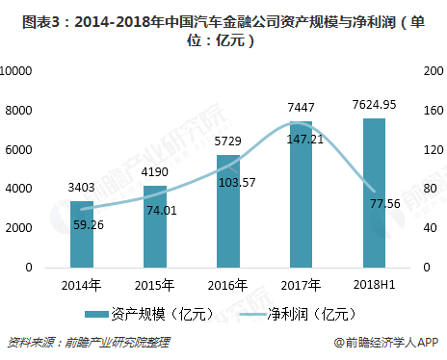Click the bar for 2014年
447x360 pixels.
[x=82, y=234]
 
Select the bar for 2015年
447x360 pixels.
[x=155, y=226]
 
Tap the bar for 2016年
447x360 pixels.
[x=228, y=211]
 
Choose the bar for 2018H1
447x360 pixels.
[x=374, y=193]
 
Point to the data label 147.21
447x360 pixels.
[x=301, y=139]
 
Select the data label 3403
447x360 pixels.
[x=82, y=188]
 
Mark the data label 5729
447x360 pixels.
[x=228, y=141]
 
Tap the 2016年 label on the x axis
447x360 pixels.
[x=228, y=284]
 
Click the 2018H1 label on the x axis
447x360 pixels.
[x=374, y=284]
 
